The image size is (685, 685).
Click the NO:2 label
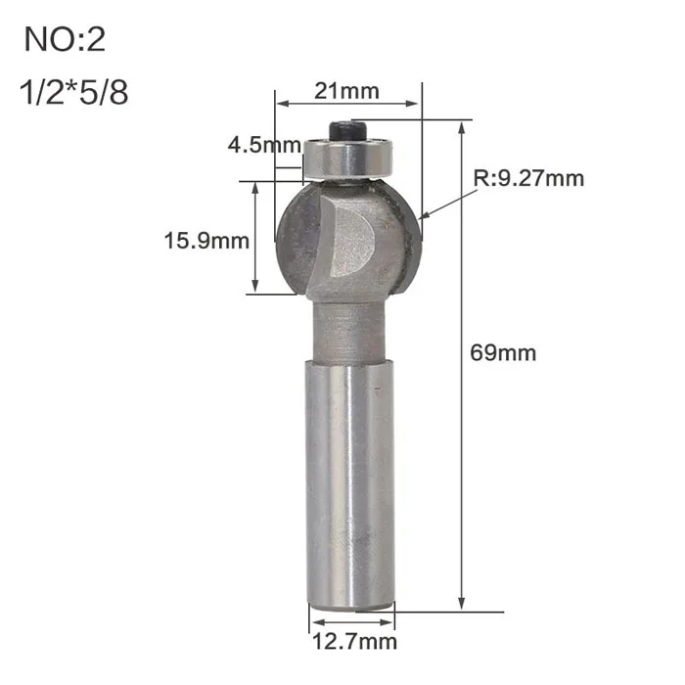pos(65,39)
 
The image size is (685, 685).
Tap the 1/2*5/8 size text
pos(73,92)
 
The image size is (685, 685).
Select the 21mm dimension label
pos(346,91)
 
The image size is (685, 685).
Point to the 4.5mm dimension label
pos(264,145)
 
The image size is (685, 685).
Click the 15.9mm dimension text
pos(206,241)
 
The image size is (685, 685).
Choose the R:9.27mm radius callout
pos(528,178)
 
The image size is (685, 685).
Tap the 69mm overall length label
pos(503,352)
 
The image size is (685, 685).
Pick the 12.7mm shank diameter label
pos(354,642)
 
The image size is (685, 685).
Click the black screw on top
pos(346,130)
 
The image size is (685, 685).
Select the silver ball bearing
pos(348,159)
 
